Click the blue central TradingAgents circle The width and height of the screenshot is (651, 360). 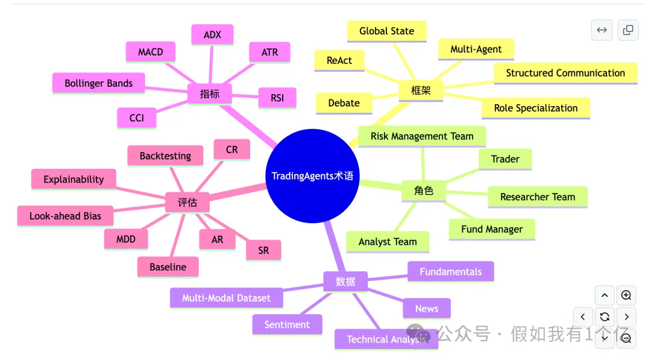(x=312, y=175)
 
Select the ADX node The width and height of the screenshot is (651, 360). (x=212, y=35)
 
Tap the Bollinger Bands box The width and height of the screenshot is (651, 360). (x=98, y=83)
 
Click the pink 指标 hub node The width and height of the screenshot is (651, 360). (x=209, y=94)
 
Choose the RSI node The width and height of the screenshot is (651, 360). (x=277, y=98)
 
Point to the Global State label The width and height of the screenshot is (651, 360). (x=386, y=31)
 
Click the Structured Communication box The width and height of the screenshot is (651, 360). (x=565, y=73)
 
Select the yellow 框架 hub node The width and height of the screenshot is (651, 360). (x=421, y=90)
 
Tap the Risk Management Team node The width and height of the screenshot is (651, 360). (x=422, y=136)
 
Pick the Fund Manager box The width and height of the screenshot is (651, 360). (x=492, y=229)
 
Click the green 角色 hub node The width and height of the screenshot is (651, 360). (x=424, y=191)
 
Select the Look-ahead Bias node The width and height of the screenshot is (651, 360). (x=65, y=216)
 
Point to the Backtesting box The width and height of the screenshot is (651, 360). (x=165, y=156)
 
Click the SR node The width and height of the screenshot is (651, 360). (x=263, y=250)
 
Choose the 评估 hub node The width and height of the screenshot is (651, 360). (x=187, y=203)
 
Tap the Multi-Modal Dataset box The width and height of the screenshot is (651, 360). (x=226, y=298)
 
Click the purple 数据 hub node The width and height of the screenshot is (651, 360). (x=345, y=282)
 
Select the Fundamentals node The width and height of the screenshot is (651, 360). (x=450, y=271)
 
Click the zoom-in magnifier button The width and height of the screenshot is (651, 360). (x=626, y=295)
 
